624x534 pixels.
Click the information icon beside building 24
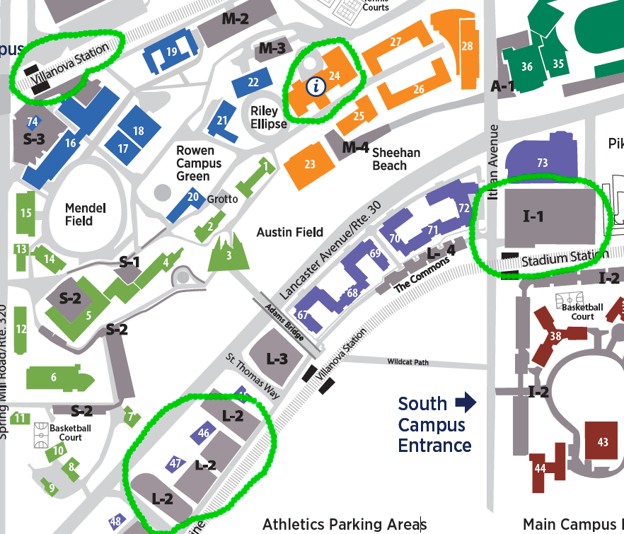point(316,86)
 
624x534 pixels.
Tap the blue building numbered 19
point(171,52)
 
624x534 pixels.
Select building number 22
point(254,82)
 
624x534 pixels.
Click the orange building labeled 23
point(310,164)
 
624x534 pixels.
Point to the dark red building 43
point(603,442)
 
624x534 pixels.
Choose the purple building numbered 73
point(542,163)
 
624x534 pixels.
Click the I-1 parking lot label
point(533,216)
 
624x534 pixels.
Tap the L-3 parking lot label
point(277,359)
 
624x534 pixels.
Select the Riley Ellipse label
point(269,117)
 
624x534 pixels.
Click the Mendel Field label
point(85,214)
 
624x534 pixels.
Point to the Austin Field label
point(289,232)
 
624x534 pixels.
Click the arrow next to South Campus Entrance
point(466,403)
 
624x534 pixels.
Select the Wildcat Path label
point(408,362)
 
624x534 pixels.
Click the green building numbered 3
point(229,255)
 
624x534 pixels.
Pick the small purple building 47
point(176,463)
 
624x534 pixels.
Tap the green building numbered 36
point(526,67)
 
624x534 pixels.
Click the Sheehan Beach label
point(395,159)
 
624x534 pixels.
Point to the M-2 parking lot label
point(235,19)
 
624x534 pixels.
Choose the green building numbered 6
point(54,378)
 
